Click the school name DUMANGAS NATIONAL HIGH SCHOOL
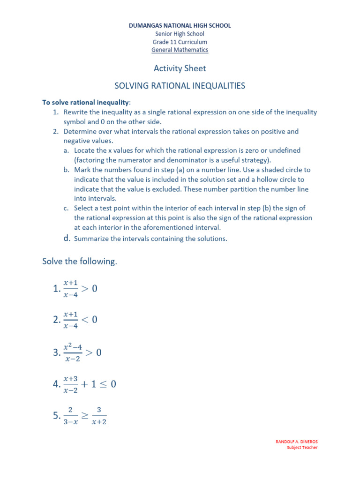pyautogui.click(x=180, y=26)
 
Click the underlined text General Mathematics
pyautogui.click(x=180, y=50)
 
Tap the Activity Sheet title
pyautogui.click(x=180, y=68)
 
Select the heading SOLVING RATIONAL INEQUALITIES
pyautogui.click(x=180, y=86)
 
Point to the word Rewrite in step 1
pyautogui.click(x=76, y=112)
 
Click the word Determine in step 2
pyautogui.click(x=80, y=132)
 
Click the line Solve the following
pyautogui.click(x=79, y=262)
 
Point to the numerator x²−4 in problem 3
pyautogui.click(x=73, y=347)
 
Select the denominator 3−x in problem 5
pyautogui.click(x=70, y=421)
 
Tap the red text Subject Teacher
pyautogui.click(x=302, y=448)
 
